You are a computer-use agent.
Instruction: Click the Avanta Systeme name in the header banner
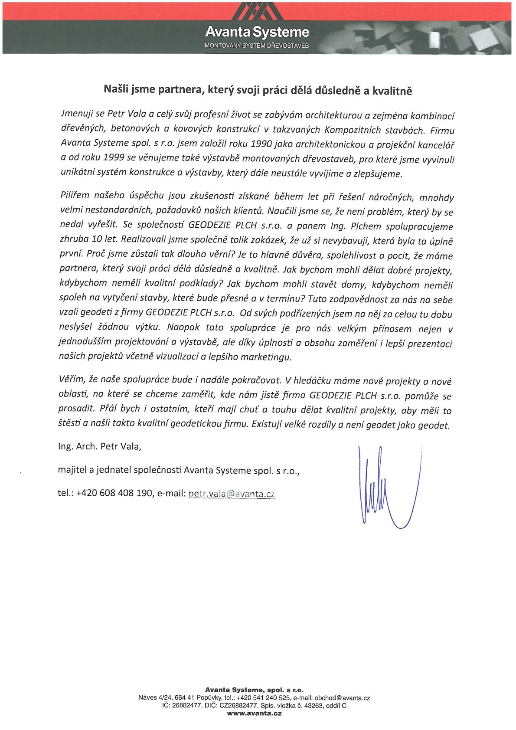[257, 32]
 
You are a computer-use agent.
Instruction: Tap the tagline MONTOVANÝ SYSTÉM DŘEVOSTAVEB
[257, 45]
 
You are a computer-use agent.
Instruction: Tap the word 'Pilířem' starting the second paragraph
[75, 196]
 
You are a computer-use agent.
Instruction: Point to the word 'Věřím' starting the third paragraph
[71, 379]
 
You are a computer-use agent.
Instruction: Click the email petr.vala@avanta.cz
[232, 494]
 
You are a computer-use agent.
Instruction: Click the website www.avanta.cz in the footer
[255, 713]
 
